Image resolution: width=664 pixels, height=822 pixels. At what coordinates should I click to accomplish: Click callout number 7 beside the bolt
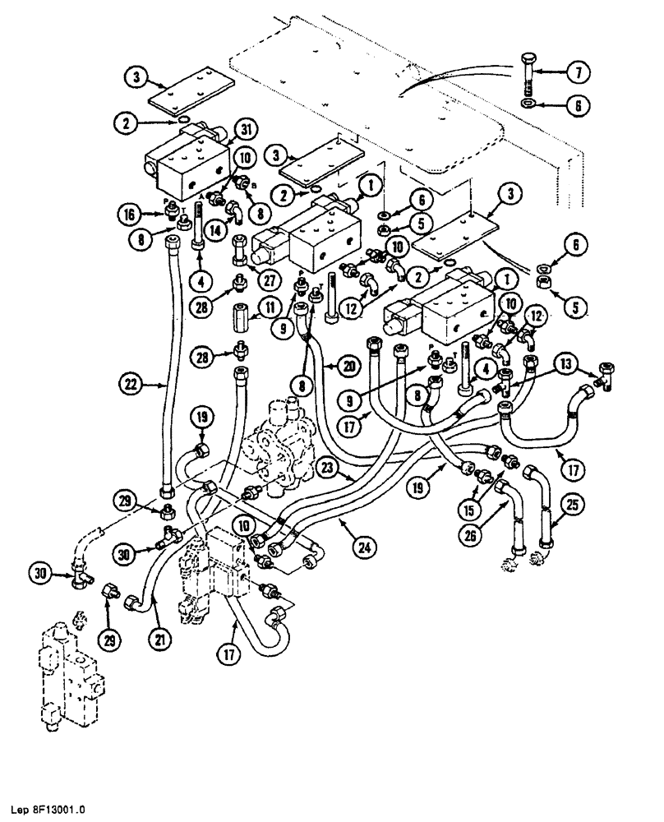click(581, 73)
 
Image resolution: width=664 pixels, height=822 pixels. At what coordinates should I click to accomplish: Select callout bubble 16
click(143, 214)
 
